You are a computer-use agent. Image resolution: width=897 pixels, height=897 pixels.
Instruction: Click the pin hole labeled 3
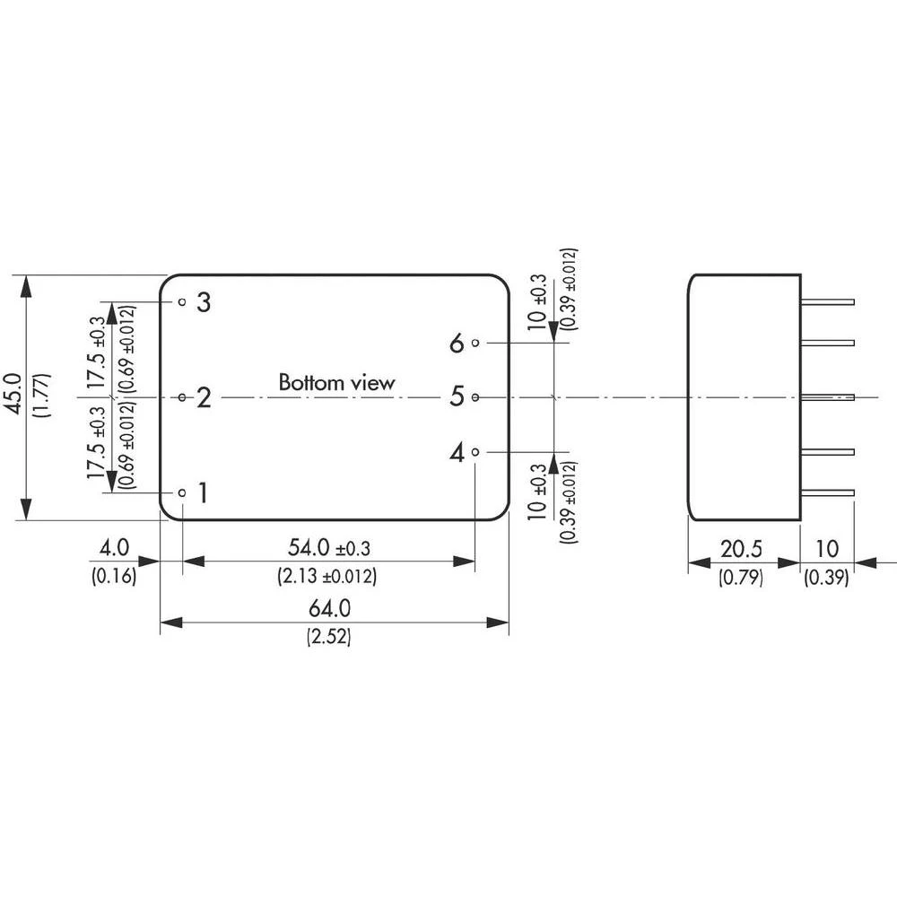(182, 302)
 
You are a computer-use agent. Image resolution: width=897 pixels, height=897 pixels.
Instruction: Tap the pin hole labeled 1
(182, 492)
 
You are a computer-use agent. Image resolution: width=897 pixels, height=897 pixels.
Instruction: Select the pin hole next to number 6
(475, 343)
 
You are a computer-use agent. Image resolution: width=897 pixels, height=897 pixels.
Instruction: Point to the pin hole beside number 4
(475, 452)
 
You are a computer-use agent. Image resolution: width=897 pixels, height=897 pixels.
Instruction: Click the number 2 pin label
(204, 397)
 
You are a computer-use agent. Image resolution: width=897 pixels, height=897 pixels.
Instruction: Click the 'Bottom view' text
(336, 383)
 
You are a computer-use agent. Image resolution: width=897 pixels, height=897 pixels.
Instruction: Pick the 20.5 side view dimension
(740, 548)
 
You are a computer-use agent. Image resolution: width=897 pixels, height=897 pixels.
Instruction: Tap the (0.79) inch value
(740, 578)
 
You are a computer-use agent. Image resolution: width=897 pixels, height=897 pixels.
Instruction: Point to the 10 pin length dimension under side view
(826, 548)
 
